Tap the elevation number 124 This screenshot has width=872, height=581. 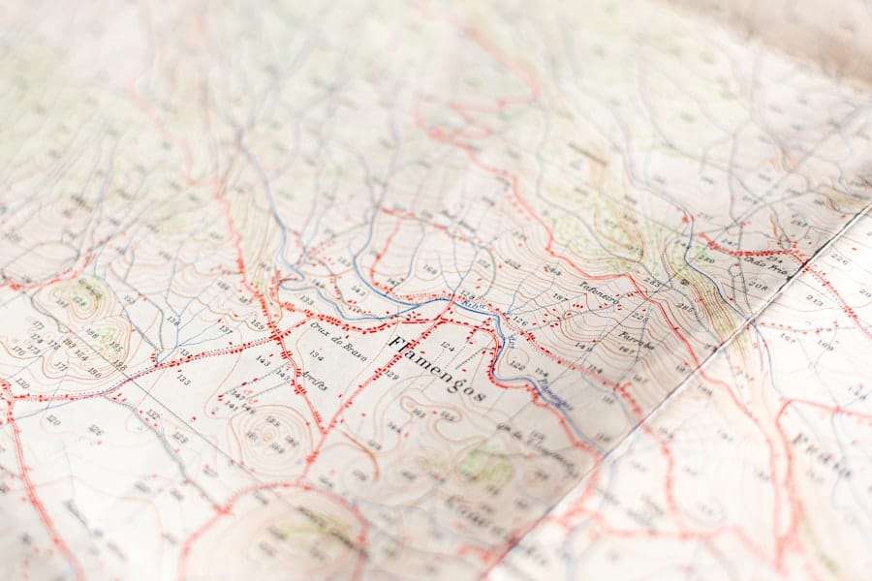click(x=447, y=345)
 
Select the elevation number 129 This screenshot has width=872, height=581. click(x=391, y=374)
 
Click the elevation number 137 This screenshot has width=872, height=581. click(x=225, y=329)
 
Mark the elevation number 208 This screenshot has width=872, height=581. click(x=757, y=287)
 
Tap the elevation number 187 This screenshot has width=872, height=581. click(x=558, y=295)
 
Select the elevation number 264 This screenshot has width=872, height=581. click(x=551, y=270)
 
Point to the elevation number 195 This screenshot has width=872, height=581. click(x=115, y=346)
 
